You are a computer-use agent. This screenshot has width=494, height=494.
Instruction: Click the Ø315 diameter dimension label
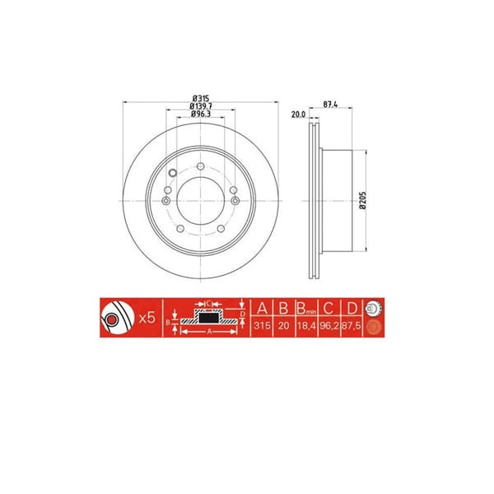199,97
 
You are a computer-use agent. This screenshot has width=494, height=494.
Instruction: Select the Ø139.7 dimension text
199,105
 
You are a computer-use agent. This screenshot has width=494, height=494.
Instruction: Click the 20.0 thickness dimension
298,116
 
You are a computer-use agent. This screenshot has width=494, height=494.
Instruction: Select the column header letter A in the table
263,309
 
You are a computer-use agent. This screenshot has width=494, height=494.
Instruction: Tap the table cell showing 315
263,327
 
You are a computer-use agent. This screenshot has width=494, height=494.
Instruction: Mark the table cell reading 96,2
328,327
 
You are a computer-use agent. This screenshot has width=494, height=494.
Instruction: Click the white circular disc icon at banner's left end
115,317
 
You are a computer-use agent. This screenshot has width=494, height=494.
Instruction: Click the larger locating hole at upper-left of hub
171,174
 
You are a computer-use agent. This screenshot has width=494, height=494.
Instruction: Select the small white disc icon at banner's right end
371,309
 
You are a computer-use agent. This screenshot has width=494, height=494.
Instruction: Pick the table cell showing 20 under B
282,327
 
